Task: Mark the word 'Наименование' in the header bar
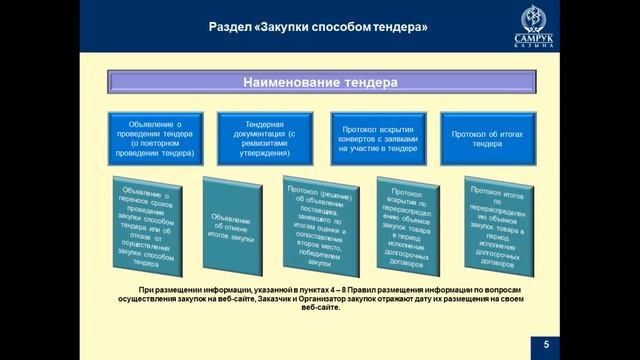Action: click(290, 81)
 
